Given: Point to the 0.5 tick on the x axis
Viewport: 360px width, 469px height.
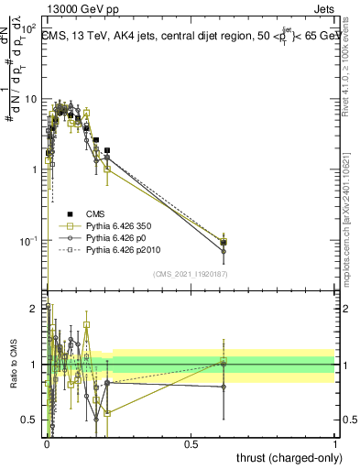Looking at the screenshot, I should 191,443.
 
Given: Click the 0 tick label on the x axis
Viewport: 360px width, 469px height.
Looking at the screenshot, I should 47,443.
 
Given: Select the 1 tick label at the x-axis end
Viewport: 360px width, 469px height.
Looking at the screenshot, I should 334,443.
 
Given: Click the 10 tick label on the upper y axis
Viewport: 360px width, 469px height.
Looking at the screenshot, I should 31,99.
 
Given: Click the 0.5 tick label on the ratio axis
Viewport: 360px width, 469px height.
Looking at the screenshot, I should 31,420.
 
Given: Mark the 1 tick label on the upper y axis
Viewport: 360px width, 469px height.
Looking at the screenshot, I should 35,170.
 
